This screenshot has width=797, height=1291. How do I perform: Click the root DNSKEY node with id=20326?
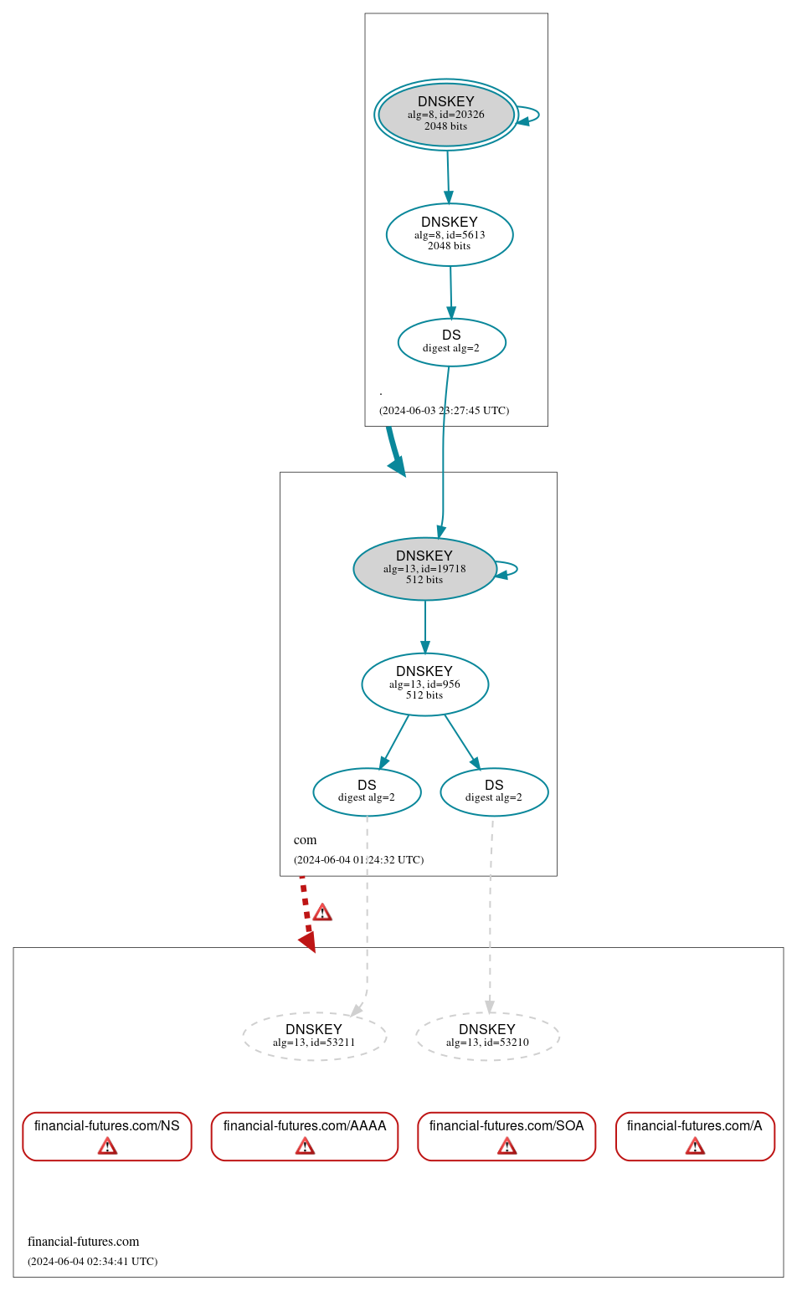tap(445, 115)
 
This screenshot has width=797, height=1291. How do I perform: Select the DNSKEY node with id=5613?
tap(450, 234)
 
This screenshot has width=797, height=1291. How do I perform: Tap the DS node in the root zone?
tap(451, 342)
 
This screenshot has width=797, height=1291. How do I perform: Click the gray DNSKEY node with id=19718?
tap(424, 568)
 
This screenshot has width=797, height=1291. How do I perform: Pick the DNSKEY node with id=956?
tap(424, 684)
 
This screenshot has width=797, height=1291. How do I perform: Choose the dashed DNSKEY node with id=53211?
tap(314, 1036)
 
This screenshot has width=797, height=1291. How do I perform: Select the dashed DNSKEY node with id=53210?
tap(487, 1036)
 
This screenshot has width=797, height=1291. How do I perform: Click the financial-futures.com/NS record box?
tap(107, 1135)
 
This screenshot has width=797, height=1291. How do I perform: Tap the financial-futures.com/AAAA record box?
tap(305, 1135)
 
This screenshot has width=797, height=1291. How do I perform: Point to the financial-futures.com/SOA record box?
tap(506, 1135)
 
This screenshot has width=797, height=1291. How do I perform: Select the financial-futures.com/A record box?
tap(695, 1135)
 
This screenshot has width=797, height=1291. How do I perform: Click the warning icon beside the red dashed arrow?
tap(322, 913)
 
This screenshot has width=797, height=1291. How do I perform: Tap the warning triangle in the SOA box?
tap(506, 1146)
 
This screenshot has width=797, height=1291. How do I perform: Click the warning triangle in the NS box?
tap(107, 1146)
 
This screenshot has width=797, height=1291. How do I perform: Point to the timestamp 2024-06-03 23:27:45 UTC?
tap(444, 411)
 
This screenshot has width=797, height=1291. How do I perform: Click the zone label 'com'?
tap(305, 840)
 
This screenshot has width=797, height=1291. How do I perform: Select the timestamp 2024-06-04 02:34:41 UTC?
tap(92, 1262)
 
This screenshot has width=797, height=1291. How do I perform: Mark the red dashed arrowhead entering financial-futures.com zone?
tap(307, 942)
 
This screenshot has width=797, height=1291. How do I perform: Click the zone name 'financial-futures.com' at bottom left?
tap(83, 1242)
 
